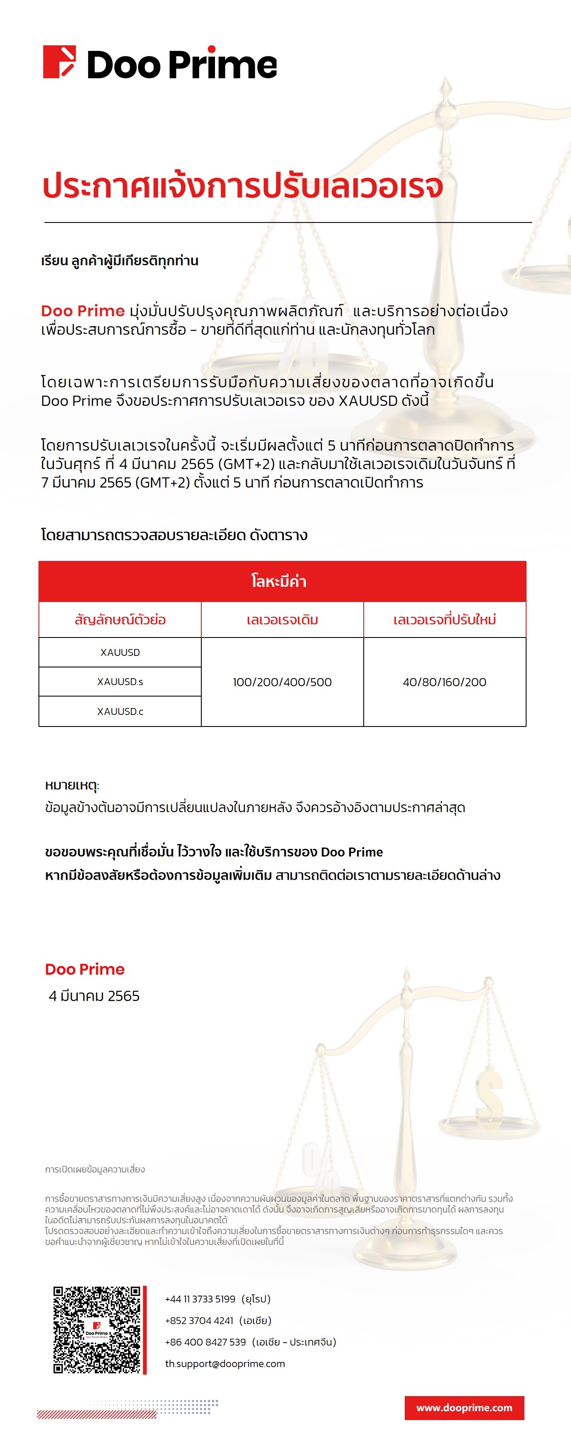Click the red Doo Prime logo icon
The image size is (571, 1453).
pyautogui.click(x=59, y=62)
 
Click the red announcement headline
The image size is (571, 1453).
pyautogui.click(x=242, y=186)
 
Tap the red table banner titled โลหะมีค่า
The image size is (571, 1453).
pyautogui.click(x=282, y=581)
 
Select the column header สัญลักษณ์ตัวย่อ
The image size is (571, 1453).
pyautogui.click(x=120, y=620)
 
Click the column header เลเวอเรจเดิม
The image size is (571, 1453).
pyautogui.click(x=283, y=620)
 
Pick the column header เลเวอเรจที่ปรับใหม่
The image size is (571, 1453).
pyautogui.click(x=445, y=620)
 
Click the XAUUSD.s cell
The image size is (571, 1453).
pyautogui.click(x=120, y=682)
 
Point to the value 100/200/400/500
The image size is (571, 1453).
pyautogui.click(x=283, y=682)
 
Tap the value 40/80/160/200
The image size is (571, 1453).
pyautogui.click(x=445, y=682)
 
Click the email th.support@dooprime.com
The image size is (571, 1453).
pyautogui.click(x=225, y=1364)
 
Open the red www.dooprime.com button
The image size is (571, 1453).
pyautogui.click(x=464, y=1408)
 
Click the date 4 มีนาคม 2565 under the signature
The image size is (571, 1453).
pyautogui.click(x=94, y=996)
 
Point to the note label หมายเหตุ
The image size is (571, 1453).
pyautogui.click(x=71, y=785)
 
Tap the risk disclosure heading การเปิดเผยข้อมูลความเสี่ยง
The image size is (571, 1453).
pyautogui.click(x=95, y=1169)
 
